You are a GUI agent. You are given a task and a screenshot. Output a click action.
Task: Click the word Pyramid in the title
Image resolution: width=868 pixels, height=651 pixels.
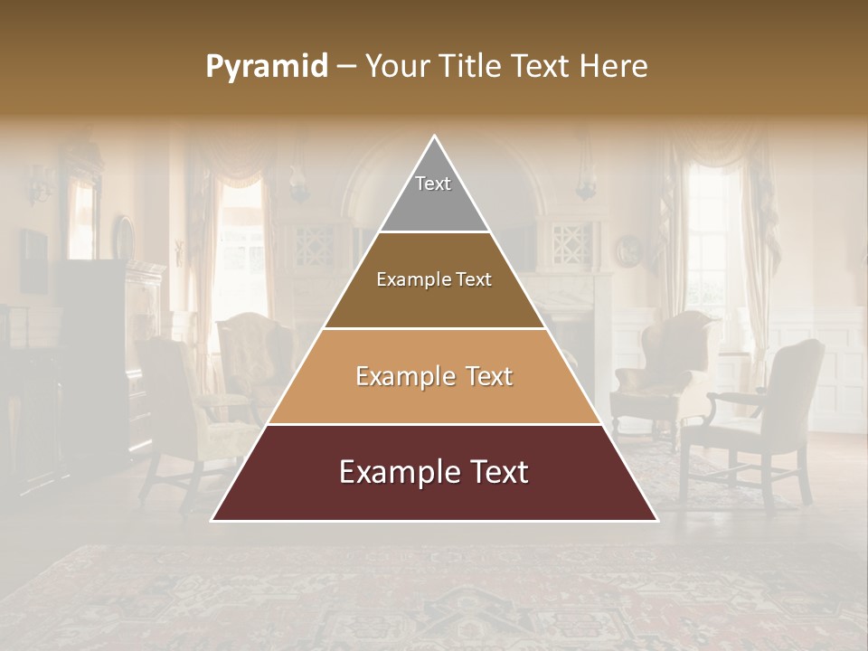pos(267,67)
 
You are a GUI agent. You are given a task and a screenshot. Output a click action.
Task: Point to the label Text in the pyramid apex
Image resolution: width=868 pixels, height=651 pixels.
pos(433,184)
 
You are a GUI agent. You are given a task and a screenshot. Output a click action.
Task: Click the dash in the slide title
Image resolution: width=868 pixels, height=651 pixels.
pos(346,67)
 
